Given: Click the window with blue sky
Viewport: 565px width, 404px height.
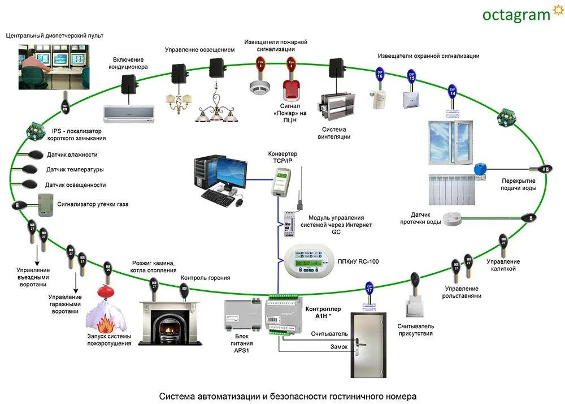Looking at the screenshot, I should [x=451, y=139].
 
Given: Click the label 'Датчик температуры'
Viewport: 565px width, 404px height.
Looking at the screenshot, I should [x=75, y=169].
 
